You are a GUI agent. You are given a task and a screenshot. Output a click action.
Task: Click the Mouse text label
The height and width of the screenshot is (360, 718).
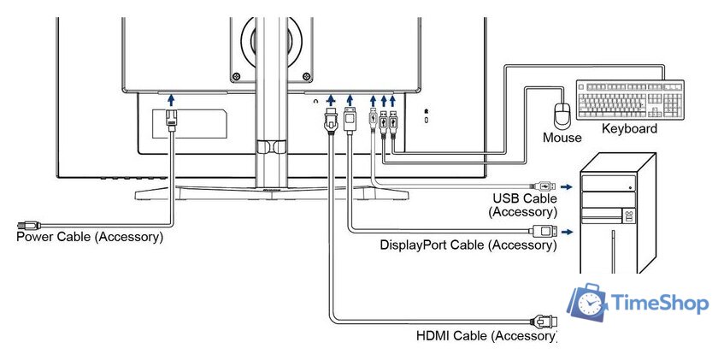tap(562, 137)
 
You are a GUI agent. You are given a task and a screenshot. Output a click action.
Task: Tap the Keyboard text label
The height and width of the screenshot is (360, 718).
tap(629, 129)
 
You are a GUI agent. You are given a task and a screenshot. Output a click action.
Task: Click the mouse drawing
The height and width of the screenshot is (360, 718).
tap(562, 115)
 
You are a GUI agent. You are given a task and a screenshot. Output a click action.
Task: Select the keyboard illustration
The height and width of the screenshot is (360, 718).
tap(630, 100)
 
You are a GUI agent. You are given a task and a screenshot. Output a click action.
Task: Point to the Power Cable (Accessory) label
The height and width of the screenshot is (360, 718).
tap(90, 236)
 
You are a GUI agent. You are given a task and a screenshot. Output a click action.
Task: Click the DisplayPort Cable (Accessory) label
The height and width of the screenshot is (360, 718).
tap(468, 246)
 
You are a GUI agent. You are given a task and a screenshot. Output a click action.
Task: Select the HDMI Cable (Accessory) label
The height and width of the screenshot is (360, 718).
tap(486, 336)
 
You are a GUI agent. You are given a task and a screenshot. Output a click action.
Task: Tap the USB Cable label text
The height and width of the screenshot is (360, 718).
tap(522, 198)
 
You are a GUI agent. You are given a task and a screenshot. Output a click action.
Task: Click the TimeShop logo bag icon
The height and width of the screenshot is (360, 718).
tap(588, 304)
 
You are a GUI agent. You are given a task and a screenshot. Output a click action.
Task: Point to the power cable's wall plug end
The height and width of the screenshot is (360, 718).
tap(26, 224)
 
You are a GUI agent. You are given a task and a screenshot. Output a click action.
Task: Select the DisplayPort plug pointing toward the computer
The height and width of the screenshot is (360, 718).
tap(544, 230)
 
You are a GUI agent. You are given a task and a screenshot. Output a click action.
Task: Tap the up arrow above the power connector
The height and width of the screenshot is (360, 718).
tap(171, 101)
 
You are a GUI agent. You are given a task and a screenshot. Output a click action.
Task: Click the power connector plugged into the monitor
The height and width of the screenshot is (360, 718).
tap(171, 119)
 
